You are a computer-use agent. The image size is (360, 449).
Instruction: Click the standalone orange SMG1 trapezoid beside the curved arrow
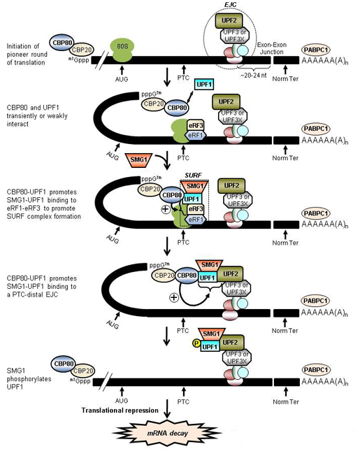tap(137, 160)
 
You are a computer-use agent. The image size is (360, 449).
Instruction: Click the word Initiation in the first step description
tap(20, 45)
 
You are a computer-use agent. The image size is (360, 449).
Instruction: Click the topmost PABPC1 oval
tap(319, 50)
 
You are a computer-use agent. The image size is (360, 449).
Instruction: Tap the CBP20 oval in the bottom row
tap(83, 370)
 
